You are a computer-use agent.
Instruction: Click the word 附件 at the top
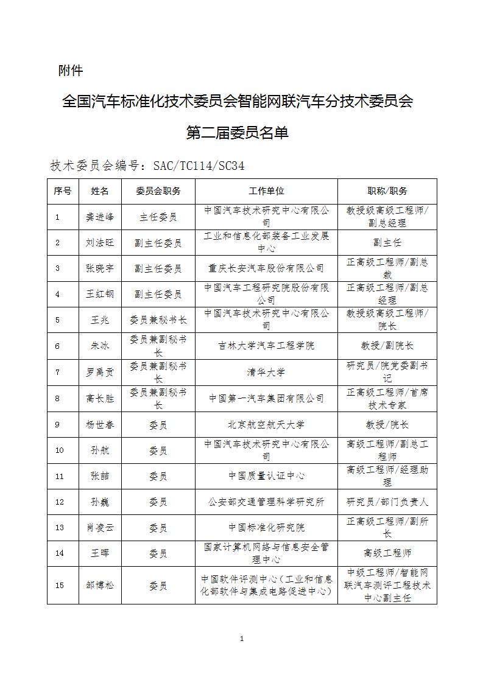(70, 71)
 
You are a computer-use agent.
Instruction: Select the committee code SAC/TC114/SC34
(199, 166)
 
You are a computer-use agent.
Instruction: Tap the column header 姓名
(100, 191)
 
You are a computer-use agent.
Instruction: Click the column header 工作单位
(266, 191)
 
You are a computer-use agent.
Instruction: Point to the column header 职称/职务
(387, 191)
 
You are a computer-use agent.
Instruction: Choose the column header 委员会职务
(158, 191)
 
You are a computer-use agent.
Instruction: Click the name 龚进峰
(100, 217)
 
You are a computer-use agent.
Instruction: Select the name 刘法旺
(100, 242)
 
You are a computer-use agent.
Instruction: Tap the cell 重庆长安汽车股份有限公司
(266, 268)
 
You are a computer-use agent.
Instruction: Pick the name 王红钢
(100, 294)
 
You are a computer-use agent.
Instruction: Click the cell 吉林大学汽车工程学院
(266, 346)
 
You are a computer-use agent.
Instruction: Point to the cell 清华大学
(266, 372)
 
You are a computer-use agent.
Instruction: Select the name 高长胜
(100, 398)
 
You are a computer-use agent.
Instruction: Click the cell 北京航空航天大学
(266, 424)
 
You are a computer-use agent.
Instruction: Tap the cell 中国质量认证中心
(266, 476)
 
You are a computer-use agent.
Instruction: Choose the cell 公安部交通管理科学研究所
(266, 502)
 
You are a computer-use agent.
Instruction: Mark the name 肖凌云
(100, 528)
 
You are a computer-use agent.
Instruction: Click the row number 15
(59, 585)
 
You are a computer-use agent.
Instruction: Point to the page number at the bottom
(242, 639)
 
